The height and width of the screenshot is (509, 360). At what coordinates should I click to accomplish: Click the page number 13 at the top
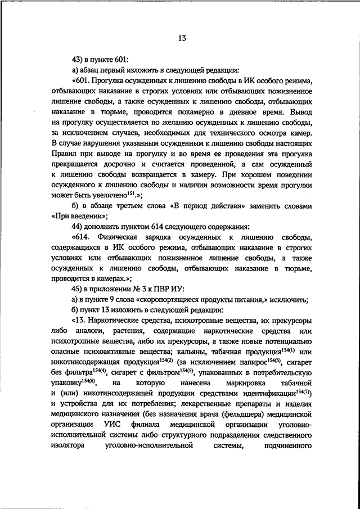point(180,39)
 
